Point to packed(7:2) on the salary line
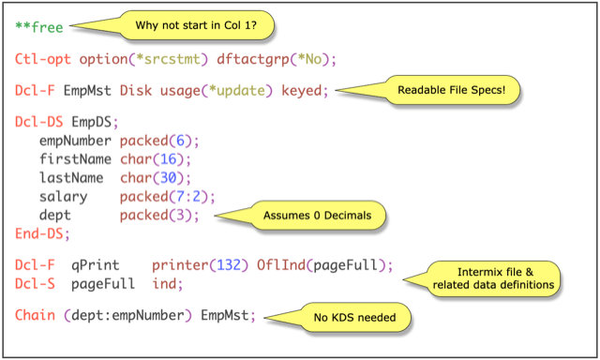pyautogui.click(x=167, y=196)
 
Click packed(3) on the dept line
pyautogui.click(x=159, y=215)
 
